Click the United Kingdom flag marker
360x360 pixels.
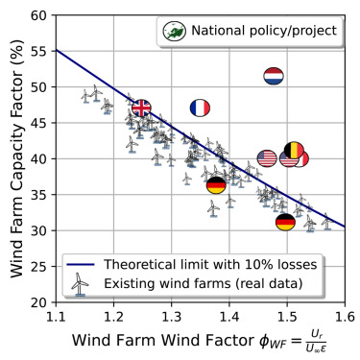click(x=141, y=108)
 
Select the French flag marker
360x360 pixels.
click(x=200, y=108)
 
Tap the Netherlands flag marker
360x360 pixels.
click(x=274, y=75)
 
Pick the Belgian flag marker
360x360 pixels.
click(x=294, y=151)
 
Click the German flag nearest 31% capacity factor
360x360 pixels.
click(x=285, y=223)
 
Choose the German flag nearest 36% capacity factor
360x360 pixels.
click(x=217, y=185)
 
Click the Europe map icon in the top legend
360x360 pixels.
click(x=174, y=32)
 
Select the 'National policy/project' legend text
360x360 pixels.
click(x=264, y=32)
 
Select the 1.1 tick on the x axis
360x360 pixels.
click(x=56, y=315)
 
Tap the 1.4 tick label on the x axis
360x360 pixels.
click(x=229, y=315)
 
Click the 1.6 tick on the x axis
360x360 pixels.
click(x=345, y=315)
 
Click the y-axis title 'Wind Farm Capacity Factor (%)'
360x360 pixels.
click(x=14, y=158)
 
